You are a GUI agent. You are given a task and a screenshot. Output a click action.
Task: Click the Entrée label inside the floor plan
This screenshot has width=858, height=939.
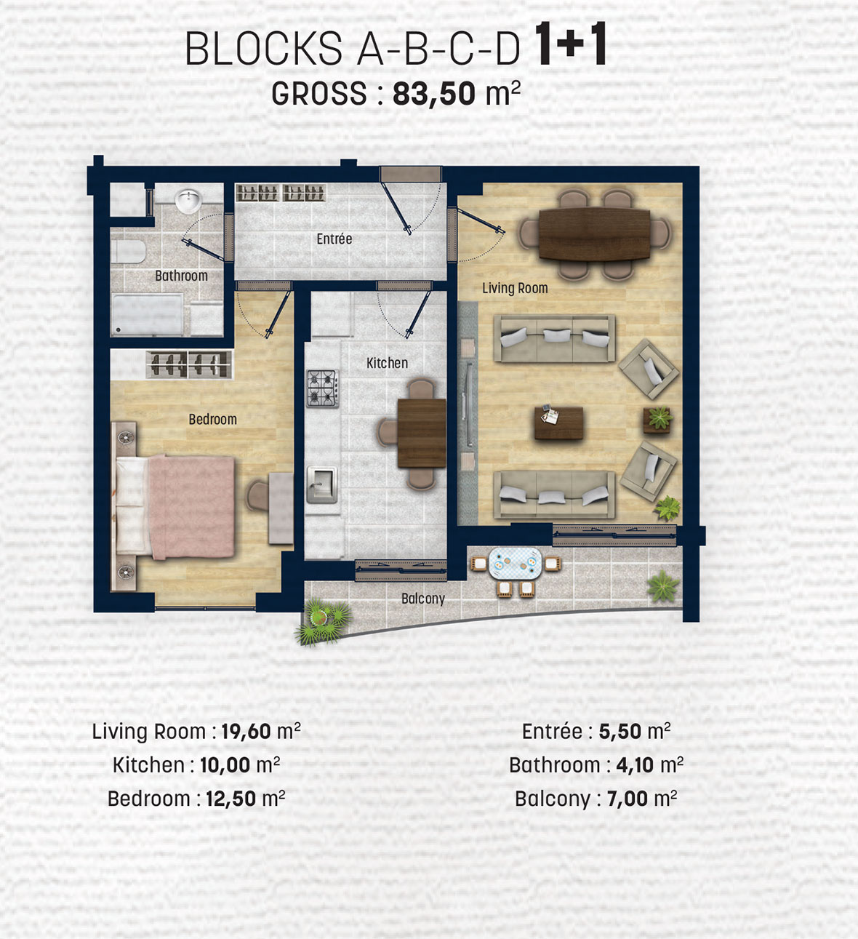point(334,239)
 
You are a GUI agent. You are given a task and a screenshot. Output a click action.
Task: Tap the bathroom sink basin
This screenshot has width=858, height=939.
point(188,201)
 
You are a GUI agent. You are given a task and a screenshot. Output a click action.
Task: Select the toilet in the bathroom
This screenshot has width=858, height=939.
point(129,252)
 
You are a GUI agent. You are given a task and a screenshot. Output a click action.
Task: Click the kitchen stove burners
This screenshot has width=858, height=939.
point(323,388)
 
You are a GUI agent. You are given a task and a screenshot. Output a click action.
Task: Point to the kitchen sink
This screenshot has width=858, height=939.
point(322,484)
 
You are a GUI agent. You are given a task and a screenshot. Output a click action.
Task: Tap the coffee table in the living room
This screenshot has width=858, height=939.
point(558,423)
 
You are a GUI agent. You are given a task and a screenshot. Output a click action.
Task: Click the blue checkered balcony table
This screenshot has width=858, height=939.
point(516,563)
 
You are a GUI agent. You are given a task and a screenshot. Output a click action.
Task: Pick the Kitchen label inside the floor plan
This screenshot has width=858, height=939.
point(387,363)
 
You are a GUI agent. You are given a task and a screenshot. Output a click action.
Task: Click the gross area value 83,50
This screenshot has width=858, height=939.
point(434,94)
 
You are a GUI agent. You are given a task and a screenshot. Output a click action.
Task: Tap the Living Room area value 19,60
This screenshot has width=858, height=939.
point(246,731)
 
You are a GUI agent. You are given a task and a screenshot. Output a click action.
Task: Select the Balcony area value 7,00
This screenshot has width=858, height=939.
point(628,799)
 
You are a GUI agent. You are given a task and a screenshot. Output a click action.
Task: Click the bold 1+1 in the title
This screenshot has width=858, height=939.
point(571,44)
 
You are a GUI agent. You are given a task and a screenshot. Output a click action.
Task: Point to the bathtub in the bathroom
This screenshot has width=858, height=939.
point(147,314)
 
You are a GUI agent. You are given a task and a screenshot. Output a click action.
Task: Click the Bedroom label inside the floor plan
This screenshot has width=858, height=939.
point(212,419)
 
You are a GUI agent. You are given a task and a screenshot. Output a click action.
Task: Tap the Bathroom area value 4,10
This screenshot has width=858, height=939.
point(635,765)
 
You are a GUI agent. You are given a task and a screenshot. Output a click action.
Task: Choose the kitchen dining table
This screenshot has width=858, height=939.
point(421,433)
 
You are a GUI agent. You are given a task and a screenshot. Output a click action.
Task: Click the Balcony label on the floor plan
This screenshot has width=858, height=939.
point(423,599)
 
